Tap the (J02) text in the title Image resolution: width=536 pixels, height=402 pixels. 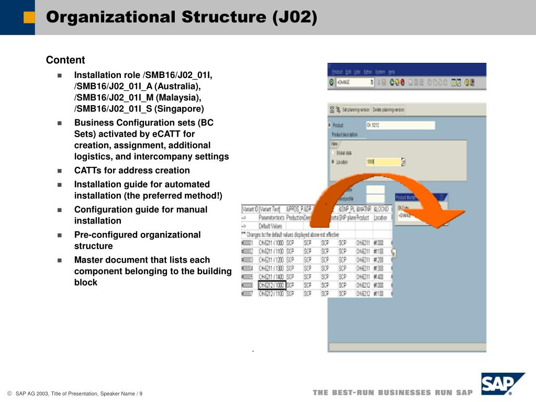294,17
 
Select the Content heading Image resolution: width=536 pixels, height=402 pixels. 65,60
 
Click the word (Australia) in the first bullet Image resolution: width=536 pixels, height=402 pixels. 177,86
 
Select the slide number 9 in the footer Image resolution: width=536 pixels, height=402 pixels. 141,394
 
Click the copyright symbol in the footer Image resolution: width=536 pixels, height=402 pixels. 9,394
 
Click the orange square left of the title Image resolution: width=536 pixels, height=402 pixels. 29,17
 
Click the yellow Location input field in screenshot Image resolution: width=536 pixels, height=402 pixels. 383,162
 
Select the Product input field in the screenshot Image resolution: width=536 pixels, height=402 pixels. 400,125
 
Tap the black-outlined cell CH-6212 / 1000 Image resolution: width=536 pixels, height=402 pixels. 272,285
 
